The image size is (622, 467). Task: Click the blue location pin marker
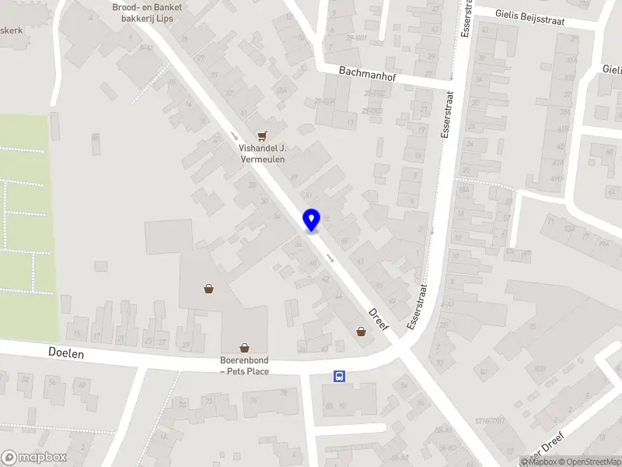(312, 219)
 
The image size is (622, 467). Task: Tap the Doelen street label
(66, 353)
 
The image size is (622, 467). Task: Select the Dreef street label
(378, 317)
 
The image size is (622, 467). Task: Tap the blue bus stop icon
(340, 376)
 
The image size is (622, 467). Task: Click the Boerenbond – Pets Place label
(245, 366)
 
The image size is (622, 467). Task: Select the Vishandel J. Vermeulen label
(263, 153)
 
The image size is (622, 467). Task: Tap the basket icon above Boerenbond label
(245, 348)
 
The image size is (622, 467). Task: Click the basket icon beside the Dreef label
(361, 331)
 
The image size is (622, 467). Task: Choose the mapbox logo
(34, 458)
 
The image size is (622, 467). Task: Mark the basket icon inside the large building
(209, 289)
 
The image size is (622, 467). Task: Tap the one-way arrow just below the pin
(331, 257)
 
